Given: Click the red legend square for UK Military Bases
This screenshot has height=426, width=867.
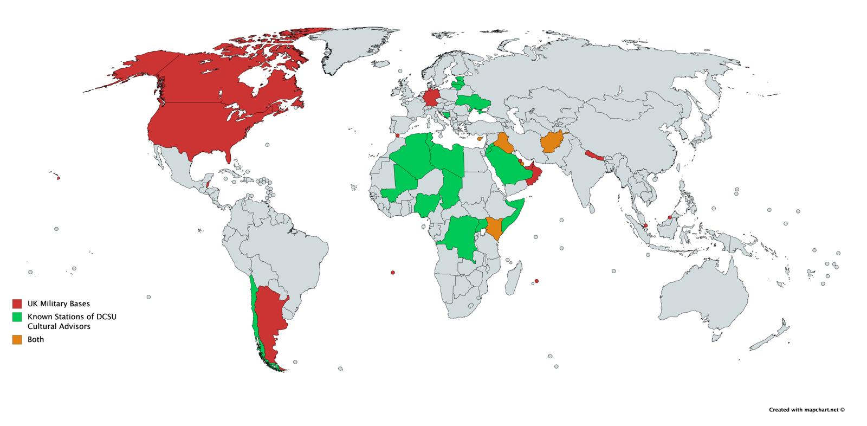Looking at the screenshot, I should pyautogui.click(x=17, y=304).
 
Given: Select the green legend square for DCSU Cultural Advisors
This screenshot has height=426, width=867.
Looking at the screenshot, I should pyautogui.click(x=17, y=316).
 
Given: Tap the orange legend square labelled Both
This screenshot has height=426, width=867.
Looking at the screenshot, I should pyautogui.click(x=17, y=339).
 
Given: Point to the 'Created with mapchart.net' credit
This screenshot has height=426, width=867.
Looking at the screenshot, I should pyautogui.click(x=807, y=410).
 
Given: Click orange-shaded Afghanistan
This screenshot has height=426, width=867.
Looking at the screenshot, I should pyautogui.click(x=554, y=143).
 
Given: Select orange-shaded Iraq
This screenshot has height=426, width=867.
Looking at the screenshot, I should pyautogui.click(x=504, y=144).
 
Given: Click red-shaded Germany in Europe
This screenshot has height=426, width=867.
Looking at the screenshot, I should pyautogui.click(x=432, y=99).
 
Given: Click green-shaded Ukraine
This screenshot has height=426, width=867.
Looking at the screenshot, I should pyautogui.click(x=475, y=101).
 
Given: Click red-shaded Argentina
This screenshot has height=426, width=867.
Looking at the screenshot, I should pyautogui.click(x=268, y=320).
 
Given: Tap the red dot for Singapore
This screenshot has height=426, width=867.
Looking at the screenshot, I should pyautogui.click(x=645, y=225).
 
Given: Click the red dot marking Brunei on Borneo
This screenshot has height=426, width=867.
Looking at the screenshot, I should pyautogui.click(x=670, y=218).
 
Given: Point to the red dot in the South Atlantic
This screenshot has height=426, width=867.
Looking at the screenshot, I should pyautogui.click(x=393, y=272).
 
